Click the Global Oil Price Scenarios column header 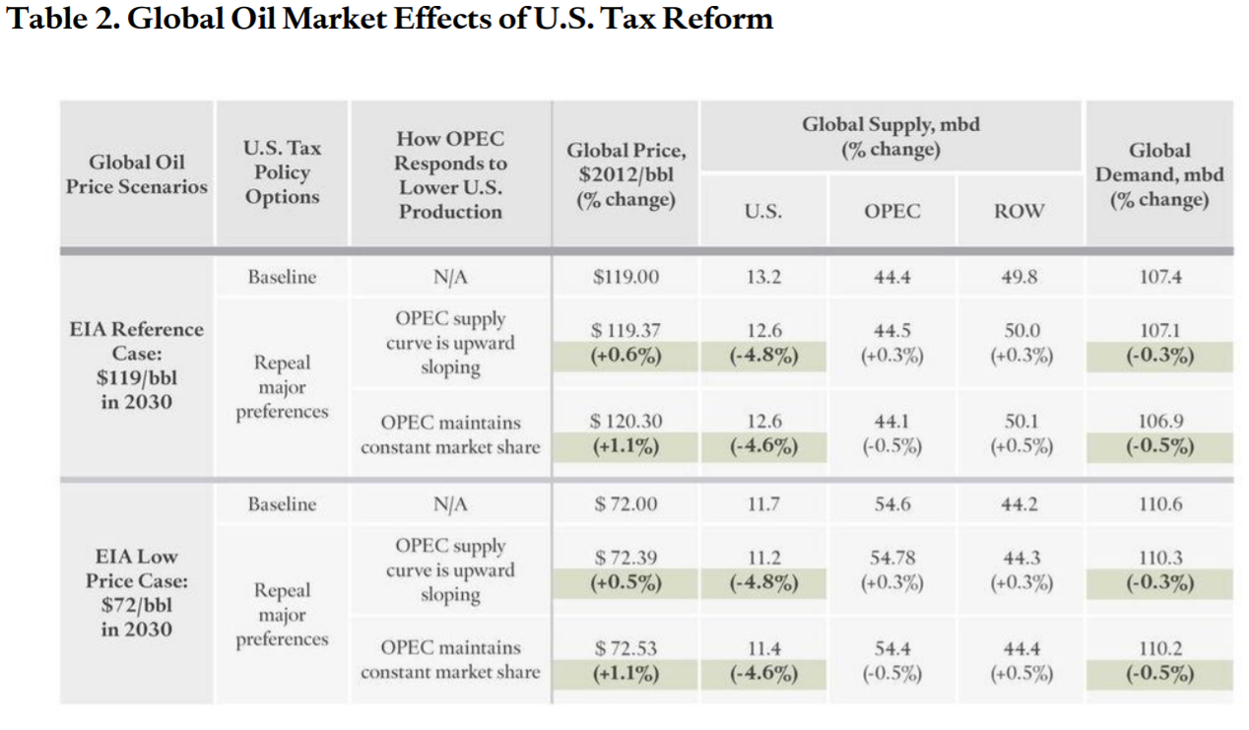point(136,173)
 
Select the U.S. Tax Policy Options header point(282,172)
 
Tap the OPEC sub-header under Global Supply point(891,211)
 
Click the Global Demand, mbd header point(1159,174)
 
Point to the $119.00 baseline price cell point(625,277)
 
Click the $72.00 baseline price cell point(625,504)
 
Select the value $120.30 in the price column point(625,422)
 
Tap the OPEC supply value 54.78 point(891,558)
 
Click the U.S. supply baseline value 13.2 point(763,277)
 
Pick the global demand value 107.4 point(1159,277)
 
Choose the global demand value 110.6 point(1159,504)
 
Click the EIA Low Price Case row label point(136,592)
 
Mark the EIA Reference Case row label point(136,365)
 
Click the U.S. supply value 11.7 point(763,504)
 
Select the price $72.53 point(625,649)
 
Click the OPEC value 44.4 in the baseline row point(891,277)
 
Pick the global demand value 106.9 point(1159,422)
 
